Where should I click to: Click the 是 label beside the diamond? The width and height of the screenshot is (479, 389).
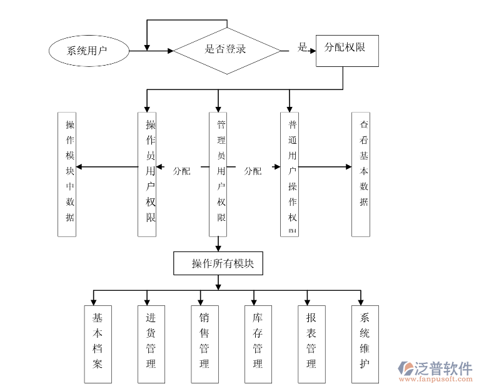tap(303, 48)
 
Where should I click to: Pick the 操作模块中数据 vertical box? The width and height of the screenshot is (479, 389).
tap(67, 174)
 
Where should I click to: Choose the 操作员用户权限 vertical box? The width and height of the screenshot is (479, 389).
tap(147, 174)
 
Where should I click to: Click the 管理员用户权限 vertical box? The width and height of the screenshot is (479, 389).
tap(218, 174)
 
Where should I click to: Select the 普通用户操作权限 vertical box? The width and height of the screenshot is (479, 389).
tap(290, 174)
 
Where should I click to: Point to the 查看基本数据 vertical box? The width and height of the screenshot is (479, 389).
tap(361, 174)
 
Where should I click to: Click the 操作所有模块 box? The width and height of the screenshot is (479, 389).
tap(218, 263)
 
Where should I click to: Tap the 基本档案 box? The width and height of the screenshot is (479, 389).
tap(98, 343)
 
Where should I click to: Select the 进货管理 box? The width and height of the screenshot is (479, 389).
tap(151, 343)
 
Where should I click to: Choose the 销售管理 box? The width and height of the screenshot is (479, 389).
tap(204, 343)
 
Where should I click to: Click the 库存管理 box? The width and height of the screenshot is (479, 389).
tap(258, 343)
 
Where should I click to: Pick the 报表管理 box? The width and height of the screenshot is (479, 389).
tap(311, 343)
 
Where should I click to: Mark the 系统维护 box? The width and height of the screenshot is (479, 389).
tap(365, 343)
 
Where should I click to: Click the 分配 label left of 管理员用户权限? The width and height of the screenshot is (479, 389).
tap(181, 171)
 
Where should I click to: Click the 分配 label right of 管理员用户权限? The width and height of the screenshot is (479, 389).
tap(253, 171)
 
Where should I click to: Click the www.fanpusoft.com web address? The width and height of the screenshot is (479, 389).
tap(437, 380)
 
